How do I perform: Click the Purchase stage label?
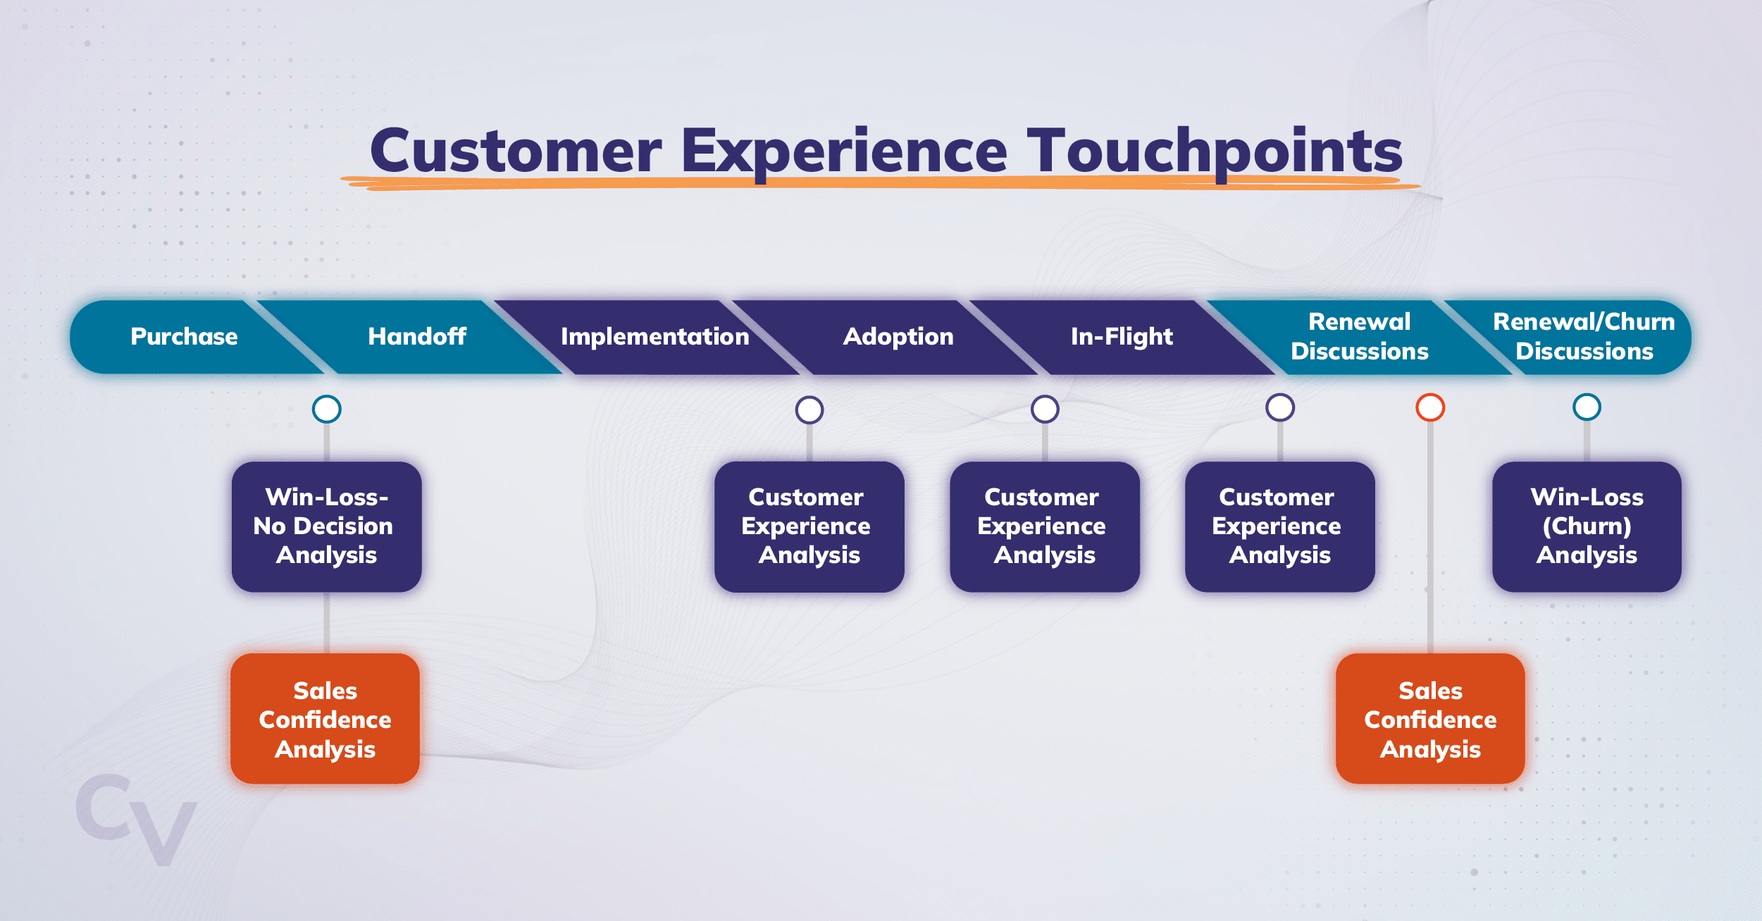[184, 337]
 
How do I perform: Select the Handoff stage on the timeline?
[417, 337]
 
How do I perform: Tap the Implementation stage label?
[654, 337]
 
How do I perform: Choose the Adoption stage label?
[898, 337]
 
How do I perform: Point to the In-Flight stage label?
[1122, 337]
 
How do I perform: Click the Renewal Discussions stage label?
[1359, 337]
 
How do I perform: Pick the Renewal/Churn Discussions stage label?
[1584, 337]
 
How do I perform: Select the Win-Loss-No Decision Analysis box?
[327, 526]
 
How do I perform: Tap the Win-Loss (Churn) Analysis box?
[1587, 526]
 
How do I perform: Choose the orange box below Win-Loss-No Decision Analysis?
[325, 719]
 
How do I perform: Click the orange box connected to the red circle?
[1430, 719]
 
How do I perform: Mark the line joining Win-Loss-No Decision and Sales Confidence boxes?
[327, 623]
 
